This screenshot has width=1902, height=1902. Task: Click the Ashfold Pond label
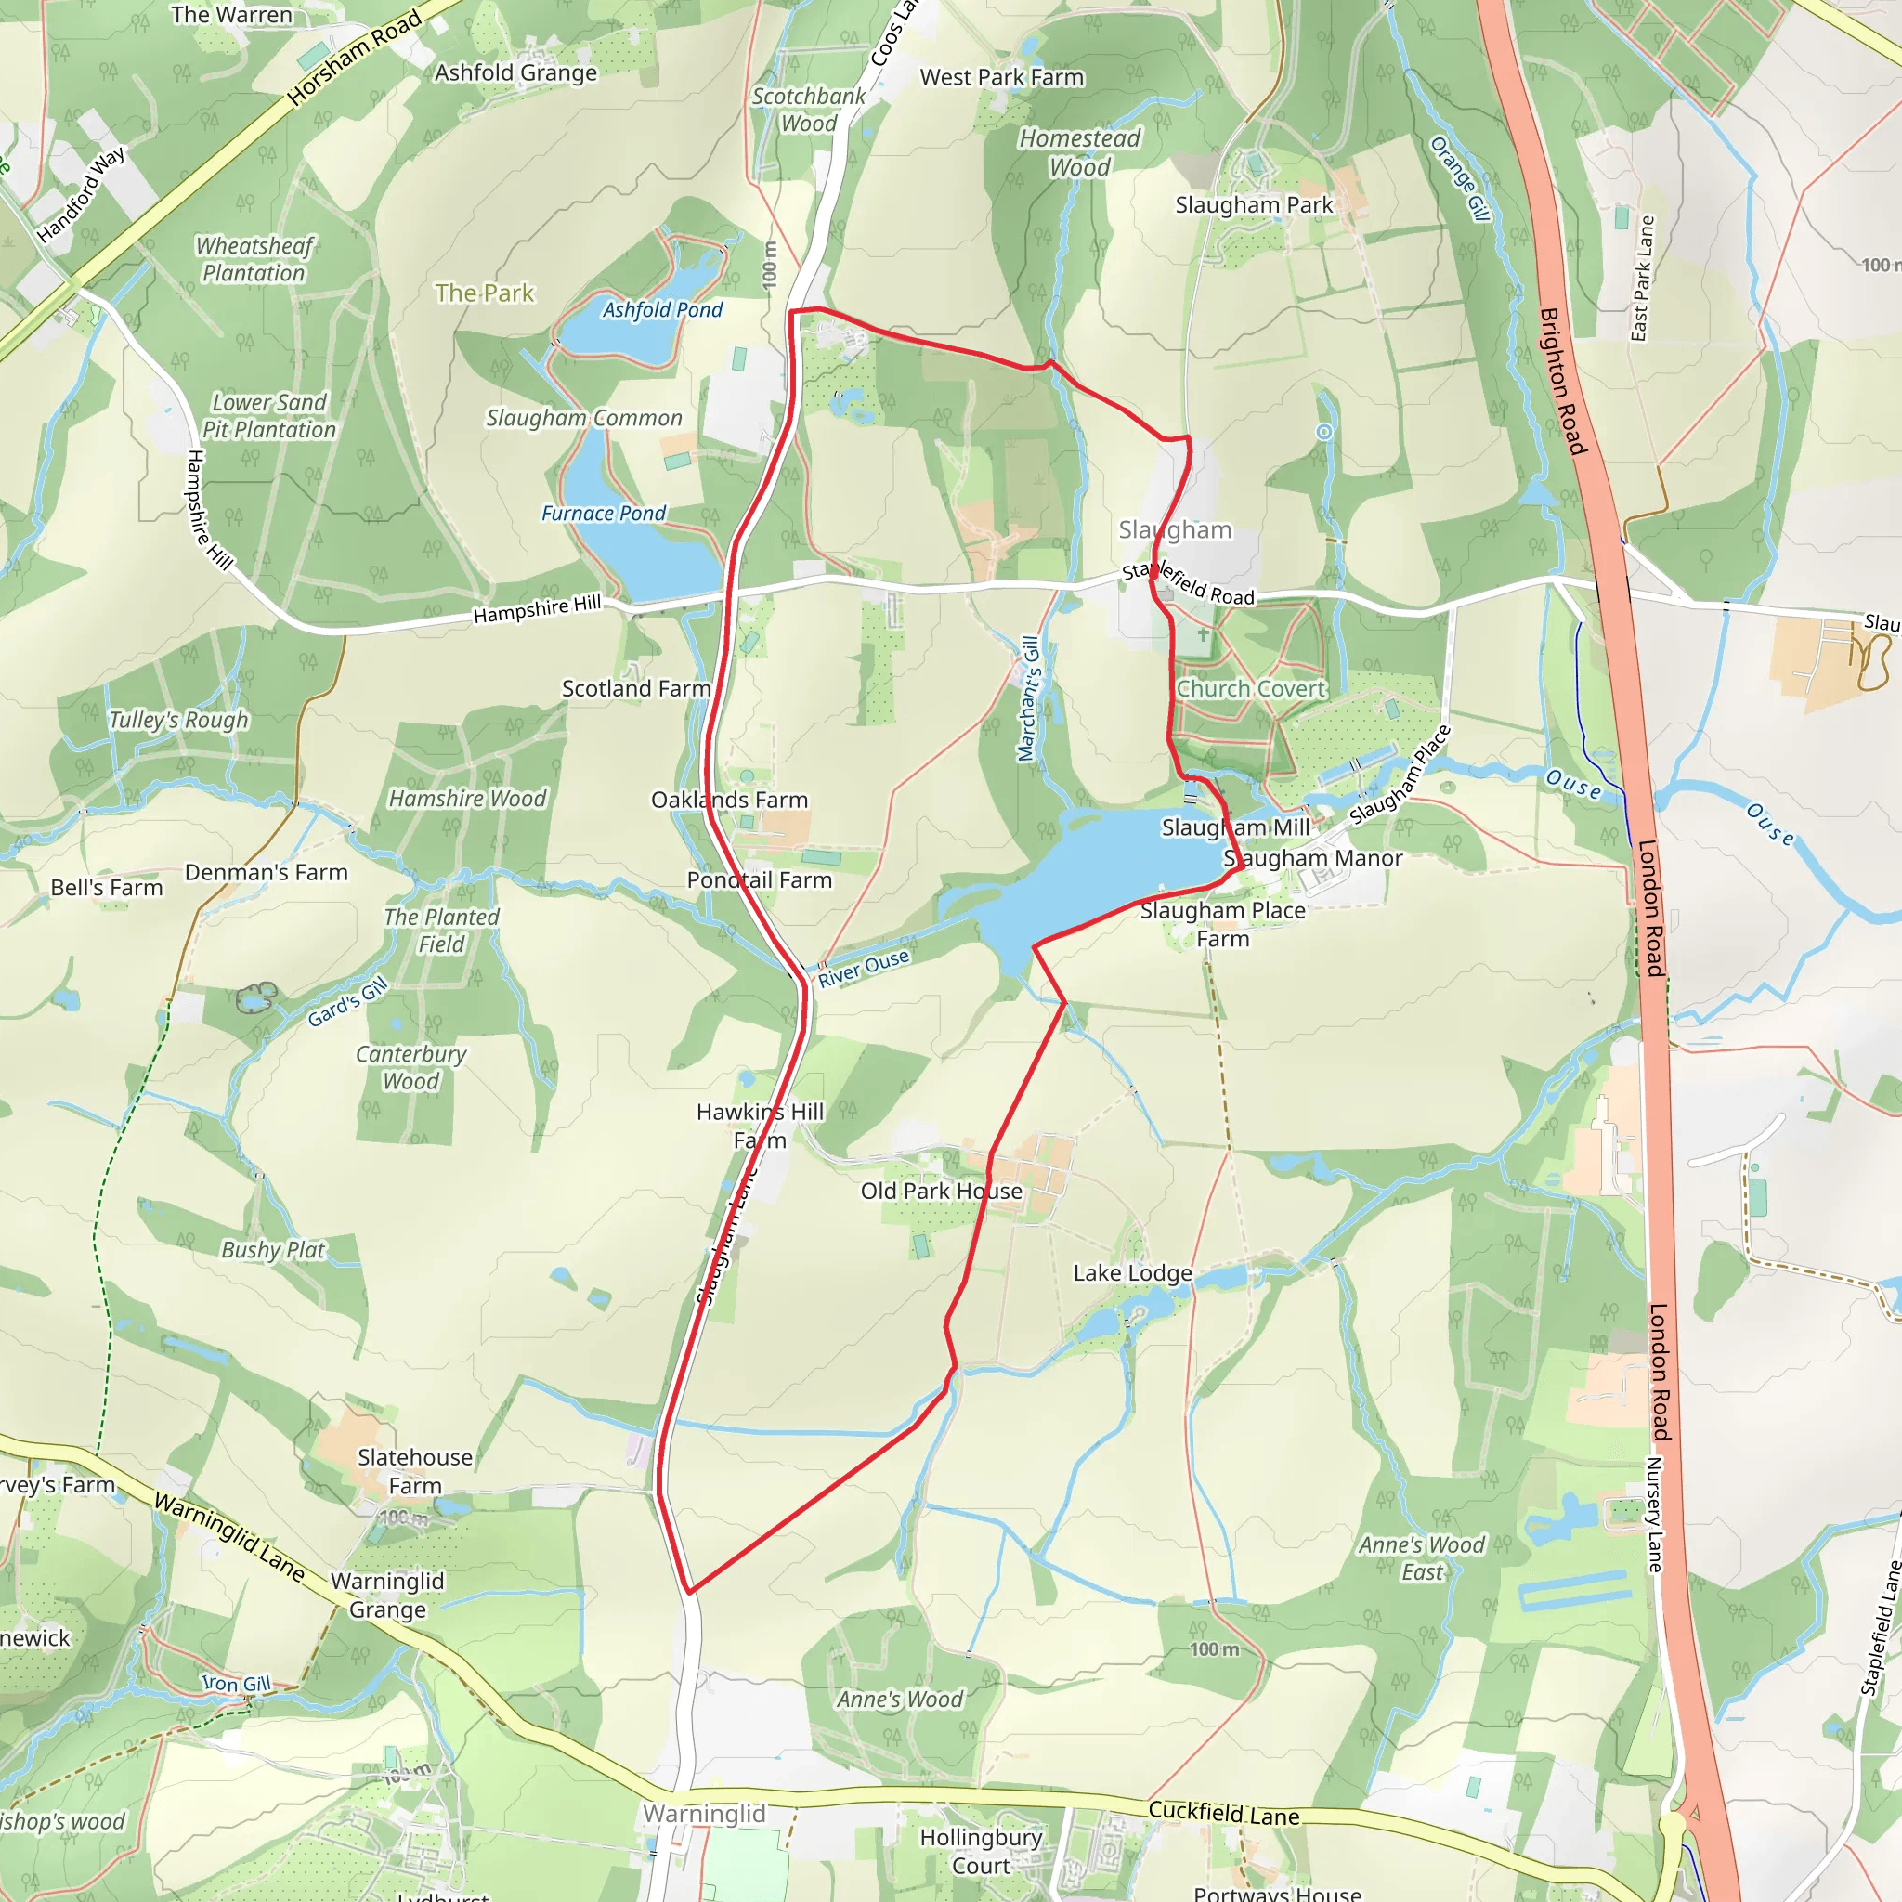(662, 310)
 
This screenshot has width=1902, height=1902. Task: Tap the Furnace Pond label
(604, 513)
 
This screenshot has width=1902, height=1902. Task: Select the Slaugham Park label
(1253, 204)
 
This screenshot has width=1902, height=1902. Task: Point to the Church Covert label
(1251, 689)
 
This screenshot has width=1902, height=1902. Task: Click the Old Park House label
(941, 1192)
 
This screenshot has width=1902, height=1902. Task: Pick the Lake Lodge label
(1132, 1273)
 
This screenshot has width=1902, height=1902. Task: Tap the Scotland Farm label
(636, 688)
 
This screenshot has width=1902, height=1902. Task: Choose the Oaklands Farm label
(729, 800)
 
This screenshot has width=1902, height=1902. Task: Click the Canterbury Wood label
(410, 1067)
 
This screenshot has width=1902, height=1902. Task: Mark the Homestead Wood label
(1079, 152)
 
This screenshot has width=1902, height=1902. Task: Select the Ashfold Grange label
(515, 72)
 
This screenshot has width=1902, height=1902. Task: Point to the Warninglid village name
(704, 1814)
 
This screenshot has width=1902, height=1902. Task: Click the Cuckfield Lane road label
(1224, 1814)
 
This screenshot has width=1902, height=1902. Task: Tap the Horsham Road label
(355, 57)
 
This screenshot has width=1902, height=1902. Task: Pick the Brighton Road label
(1562, 381)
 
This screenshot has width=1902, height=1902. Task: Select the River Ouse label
(864, 968)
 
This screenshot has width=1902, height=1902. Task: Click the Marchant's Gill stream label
(1028, 698)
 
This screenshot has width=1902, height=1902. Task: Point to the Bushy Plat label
(273, 1250)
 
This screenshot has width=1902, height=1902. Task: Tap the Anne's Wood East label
(1422, 1558)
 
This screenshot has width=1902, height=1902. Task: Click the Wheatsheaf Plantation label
(254, 260)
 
